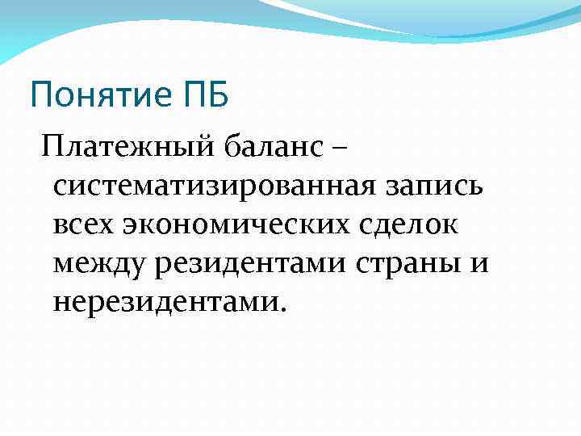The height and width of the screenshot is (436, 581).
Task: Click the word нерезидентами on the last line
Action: click(x=165, y=301)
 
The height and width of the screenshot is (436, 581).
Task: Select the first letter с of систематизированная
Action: click(x=59, y=187)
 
